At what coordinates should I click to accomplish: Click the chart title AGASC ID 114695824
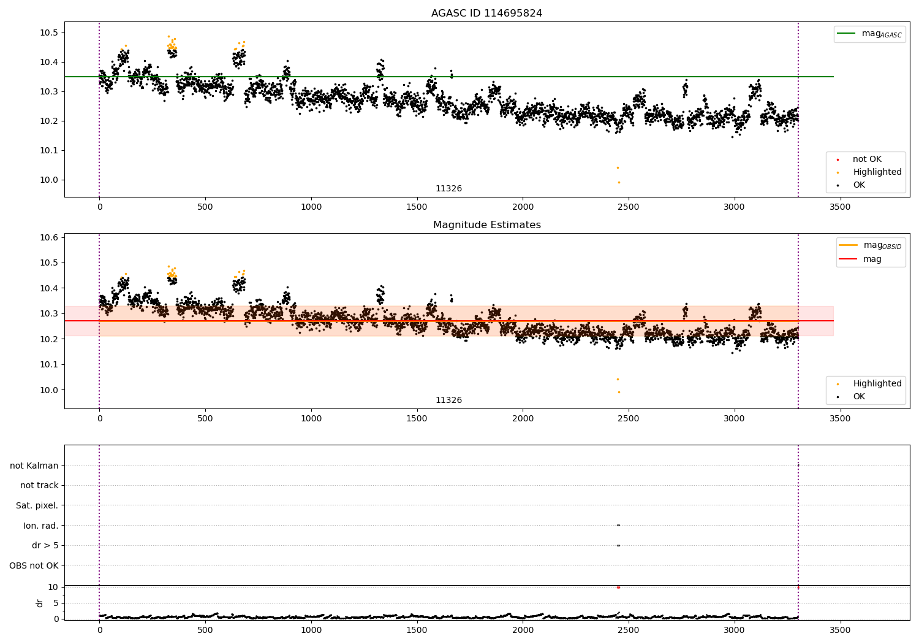pyautogui.click(x=486, y=13)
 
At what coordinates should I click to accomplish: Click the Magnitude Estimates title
pyautogui.click(x=486, y=225)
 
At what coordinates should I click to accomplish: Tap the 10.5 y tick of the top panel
pyautogui.click(x=48, y=33)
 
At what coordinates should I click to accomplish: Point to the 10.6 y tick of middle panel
pyautogui.click(x=48, y=237)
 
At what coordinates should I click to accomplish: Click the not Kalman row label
pyautogui.click(x=34, y=466)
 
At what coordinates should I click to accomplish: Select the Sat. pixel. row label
pyautogui.click(x=37, y=505)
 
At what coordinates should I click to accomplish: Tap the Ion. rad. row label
pyautogui.click(x=40, y=526)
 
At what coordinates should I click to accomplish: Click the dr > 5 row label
pyautogui.click(x=45, y=545)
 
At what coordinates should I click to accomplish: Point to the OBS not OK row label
pyautogui.click(x=34, y=565)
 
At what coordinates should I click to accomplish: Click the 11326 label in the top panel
pyautogui.click(x=448, y=189)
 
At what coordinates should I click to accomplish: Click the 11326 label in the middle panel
pyautogui.click(x=448, y=401)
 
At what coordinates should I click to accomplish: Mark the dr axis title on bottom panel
pyautogui.click(x=40, y=603)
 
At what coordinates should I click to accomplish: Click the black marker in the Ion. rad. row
pyautogui.click(x=618, y=525)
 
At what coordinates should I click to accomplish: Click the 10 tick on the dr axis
pyautogui.click(x=53, y=587)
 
